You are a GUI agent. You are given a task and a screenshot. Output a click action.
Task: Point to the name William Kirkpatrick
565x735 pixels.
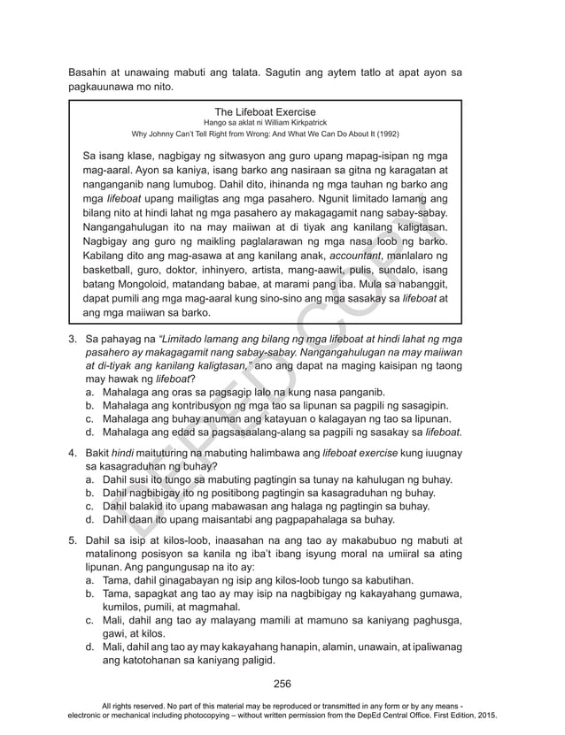click(287, 125)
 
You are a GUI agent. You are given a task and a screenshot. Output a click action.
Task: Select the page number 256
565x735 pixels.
click(282, 684)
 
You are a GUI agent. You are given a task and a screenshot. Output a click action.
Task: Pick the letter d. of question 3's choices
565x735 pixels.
click(90, 433)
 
